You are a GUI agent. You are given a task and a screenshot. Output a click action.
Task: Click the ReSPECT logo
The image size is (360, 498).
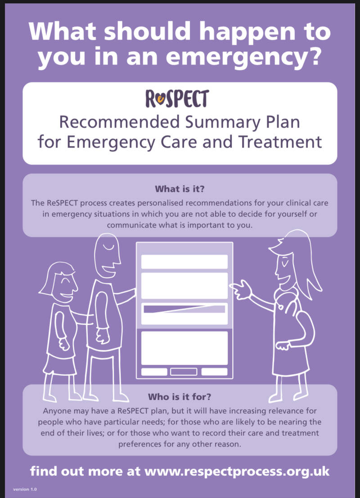[177, 99]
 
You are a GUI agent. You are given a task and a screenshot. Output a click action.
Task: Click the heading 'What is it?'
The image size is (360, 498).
[180, 189]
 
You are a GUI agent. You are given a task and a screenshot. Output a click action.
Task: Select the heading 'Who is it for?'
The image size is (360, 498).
[180, 397]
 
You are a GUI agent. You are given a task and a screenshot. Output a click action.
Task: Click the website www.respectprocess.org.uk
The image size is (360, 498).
[237, 471]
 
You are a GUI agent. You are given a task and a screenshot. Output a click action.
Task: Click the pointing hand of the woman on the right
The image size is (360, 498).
[240, 288]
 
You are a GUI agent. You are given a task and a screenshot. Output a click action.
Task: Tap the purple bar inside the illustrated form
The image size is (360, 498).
[184, 309]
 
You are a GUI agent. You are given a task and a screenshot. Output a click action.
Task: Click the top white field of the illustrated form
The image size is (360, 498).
[184, 262]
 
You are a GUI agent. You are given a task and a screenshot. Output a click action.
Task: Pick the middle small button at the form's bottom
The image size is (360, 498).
[184, 372]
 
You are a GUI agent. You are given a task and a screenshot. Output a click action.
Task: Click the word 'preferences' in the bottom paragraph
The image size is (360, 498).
[140, 444]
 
